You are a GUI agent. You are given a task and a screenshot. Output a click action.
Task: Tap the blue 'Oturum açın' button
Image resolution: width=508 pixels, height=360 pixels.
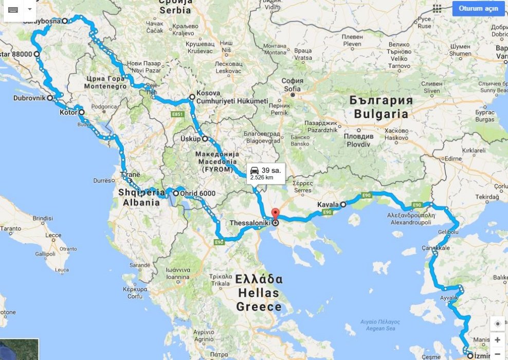click(x=478, y=9)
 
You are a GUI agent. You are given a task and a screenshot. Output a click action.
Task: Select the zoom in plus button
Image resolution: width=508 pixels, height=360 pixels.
click(x=497, y=340)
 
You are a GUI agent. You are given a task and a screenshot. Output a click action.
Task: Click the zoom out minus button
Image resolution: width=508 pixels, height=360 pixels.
click(x=497, y=354)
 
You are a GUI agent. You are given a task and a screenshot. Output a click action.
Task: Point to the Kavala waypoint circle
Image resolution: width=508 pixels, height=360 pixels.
click(x=343, y=204)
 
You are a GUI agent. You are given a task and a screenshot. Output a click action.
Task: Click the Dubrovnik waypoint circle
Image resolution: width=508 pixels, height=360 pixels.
click(x=50, y=97)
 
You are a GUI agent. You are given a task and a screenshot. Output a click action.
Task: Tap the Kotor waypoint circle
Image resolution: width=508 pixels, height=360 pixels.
click(x=81, y=112)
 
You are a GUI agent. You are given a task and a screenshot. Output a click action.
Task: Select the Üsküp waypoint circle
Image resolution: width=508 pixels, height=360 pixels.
click(x=205, y=139)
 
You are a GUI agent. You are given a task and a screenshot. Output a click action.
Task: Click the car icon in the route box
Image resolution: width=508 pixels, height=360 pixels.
click(x=255, y=170)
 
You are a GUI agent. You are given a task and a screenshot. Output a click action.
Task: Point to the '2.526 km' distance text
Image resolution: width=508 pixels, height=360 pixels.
click(x=261, y=177)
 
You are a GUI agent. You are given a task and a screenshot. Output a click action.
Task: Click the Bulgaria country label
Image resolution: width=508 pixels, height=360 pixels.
click(x=381, y=114)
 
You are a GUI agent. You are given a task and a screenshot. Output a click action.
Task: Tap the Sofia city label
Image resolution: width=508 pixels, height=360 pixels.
click(x=292, y=88)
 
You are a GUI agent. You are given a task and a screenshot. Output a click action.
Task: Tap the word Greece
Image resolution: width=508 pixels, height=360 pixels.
click(x=259, y=307)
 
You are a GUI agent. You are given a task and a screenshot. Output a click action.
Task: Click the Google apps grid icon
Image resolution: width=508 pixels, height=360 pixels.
click(x=437, y=9)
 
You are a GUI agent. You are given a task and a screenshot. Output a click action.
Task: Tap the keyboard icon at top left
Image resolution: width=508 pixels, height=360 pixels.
click(x=13, y=9)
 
